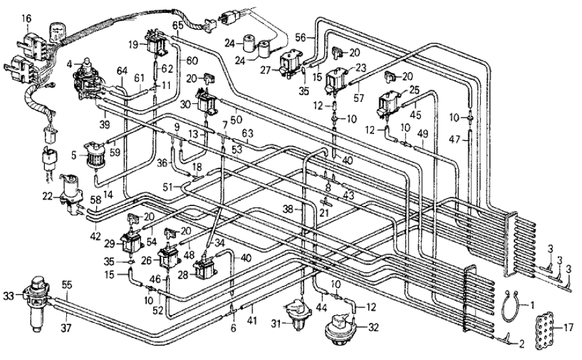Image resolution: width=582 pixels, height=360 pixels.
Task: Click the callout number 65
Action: tap(177, 25)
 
